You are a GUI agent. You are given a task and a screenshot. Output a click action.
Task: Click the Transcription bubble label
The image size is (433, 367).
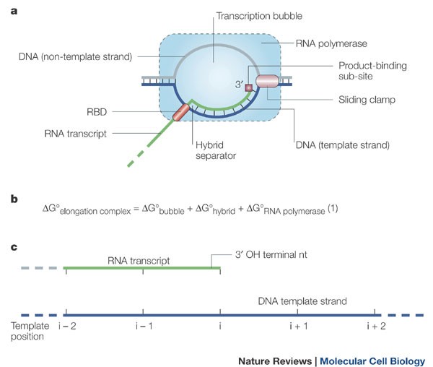pyautogui.click(x=259, y=16)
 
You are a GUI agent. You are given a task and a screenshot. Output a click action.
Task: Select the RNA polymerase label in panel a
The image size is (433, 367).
pyautogui.click(x=331, y=43)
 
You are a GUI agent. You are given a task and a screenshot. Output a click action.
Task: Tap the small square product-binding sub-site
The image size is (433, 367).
pyautogui.click(x=249, y=88)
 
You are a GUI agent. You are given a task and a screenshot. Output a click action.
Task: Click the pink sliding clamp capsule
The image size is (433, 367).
pyautogui.click(x=267, y=82)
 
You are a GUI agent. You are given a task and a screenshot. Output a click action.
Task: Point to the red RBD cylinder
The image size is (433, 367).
pyautogui.click(x=181, y=112)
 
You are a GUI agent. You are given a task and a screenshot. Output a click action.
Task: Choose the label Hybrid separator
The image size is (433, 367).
pyautogui.click(x=216, y=150)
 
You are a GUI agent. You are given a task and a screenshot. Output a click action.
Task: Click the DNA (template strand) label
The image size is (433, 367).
pyautogui.click(x=342, y=145)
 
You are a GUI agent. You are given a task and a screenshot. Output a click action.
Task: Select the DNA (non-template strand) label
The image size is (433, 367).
pyautogui.click(x=75, y=56)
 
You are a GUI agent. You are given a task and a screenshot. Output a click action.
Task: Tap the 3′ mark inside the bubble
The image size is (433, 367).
pyautogui.click(x=239, y=85)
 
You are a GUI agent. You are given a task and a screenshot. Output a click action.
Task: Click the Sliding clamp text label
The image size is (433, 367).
pyautogui.click(x=367, y=100)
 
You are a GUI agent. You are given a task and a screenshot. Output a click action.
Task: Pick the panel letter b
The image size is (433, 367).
pyautogui.click(x=14, y=199)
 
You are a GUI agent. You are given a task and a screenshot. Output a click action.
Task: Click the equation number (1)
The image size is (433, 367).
pyautogui.click(x=333, y=208)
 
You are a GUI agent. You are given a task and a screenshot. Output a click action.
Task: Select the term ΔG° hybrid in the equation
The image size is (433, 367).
pyautogui.click(x=215, y=210)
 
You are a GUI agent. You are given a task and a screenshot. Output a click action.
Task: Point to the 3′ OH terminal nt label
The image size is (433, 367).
pyautogui.click(x=271, y=254)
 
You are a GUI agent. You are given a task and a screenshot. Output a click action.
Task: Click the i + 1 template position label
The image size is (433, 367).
pyautogui.click(x=299, y=327)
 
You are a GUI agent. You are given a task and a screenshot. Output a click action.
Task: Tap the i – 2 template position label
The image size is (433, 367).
pyautogui.click(x=67, y=327)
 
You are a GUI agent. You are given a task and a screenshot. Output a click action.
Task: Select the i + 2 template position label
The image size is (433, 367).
pyautogui.click(x=376, y=327)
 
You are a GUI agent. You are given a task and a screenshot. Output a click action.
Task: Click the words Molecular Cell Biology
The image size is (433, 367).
pyautogui.click(x=372, y=361)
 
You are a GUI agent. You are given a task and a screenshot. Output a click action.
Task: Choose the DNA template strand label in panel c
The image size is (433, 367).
pyautogui.click(x=302, y=301)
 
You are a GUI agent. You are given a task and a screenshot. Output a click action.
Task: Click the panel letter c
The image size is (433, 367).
pyautogui.click(x=14, y=247)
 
